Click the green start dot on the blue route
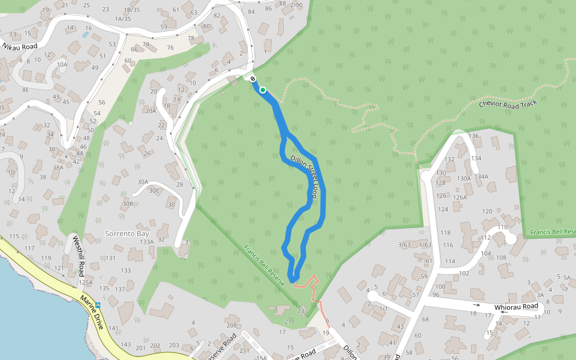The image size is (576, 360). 262,90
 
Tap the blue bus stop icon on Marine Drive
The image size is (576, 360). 98,305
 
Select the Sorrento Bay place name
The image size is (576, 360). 126,233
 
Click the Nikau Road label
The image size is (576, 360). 20,46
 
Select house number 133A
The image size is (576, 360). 146,241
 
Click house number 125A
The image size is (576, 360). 85,282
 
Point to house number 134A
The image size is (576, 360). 481,176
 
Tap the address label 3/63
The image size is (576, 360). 405,244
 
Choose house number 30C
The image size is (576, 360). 155,191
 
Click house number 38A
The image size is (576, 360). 58,167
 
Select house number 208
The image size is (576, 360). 232,325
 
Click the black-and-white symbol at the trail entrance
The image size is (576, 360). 253,79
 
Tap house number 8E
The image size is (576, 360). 25,89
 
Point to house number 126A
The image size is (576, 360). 460,197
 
